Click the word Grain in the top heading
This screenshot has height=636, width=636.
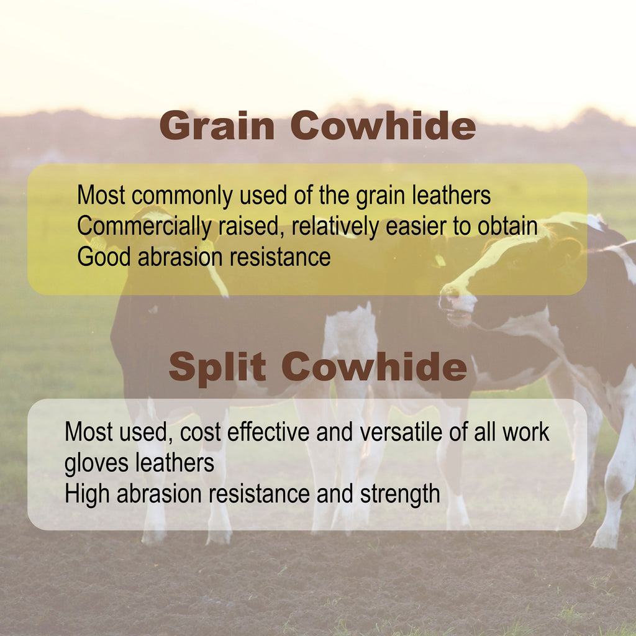pos(217,125)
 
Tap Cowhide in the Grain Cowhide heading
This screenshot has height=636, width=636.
pos(383,125)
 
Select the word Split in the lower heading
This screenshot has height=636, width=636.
pos(217,367)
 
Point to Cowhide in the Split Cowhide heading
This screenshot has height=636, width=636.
pos(374,366)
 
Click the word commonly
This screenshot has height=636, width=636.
pos(182,196)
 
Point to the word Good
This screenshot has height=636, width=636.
pos(104,257)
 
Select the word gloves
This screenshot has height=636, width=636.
pos(96,463)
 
